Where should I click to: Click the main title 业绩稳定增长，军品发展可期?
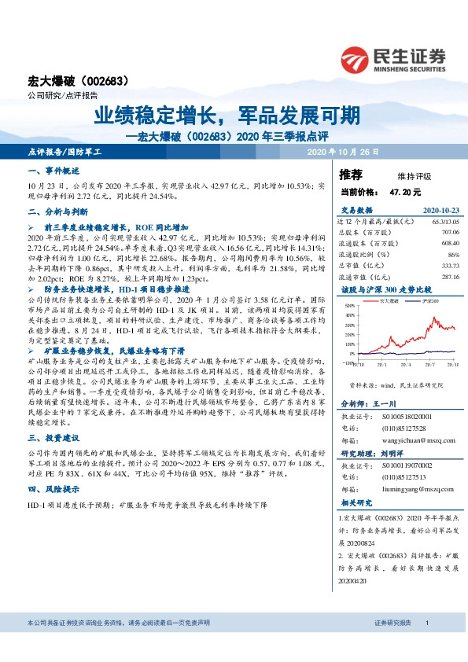[228, 116]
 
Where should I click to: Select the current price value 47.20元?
[405, 191]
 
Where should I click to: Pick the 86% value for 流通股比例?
[452, 255]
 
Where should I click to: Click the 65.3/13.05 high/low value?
[444, 222]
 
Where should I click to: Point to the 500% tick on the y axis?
[348, 305]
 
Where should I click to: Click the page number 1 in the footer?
[426, 623]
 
